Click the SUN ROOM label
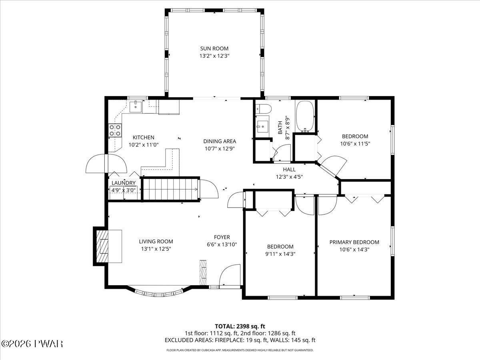(214, 48)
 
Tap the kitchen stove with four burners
(115, 130)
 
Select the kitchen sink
(136, 106)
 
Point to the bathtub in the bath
(305, 116)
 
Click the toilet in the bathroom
(264, 109)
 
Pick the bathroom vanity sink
(262, 126)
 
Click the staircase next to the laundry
(170, 189)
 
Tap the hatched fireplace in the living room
(102, 246)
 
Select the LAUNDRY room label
(124, 183)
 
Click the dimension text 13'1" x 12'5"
(156, 249)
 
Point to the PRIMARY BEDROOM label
(354, 242)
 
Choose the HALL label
(289, 169)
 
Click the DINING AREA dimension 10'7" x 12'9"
(220, 149)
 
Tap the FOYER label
(222, 237)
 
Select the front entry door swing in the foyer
(230, 275)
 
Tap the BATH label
(280, 128)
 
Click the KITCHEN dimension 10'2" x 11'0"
(144, 145)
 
